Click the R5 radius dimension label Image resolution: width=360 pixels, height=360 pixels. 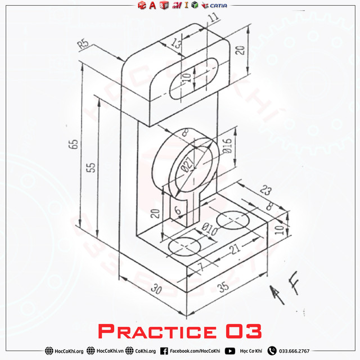pos(84,44)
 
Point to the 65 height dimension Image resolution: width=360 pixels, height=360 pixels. pos(73,143)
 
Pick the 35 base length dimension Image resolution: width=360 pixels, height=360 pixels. pos(223,287)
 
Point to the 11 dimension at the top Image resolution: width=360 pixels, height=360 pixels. pos(213,18)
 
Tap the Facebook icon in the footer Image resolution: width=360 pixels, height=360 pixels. pos(164,351)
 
